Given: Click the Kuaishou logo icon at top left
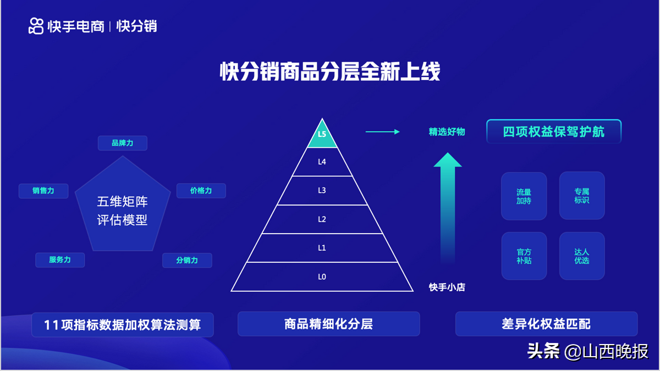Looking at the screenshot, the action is point(36,26).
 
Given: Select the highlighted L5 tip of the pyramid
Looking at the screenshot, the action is point(322,135).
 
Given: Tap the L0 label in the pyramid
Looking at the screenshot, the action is point(322,277).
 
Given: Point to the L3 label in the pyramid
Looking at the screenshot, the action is point(322,191).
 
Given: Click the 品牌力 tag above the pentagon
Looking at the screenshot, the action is point(123,143).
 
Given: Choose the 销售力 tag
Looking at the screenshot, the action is point(43,191).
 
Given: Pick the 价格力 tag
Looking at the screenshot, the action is point(201,191).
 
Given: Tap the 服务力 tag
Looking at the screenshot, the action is point(60,260).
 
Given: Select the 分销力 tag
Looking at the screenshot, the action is point(187,261).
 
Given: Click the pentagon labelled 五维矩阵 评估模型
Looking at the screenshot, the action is point(123,206).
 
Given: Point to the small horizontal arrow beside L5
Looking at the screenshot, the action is point(382,132).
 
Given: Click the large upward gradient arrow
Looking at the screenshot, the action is point(448,208).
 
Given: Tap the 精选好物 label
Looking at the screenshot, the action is point(447,131).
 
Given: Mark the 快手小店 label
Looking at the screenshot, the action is point(447,287).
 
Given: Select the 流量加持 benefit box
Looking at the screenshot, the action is point(524,196).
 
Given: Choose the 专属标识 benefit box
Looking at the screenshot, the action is point(582,196).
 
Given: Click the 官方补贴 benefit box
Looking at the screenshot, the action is point(524,256).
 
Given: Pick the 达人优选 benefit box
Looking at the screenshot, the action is point(582,256).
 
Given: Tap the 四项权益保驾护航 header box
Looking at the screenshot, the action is point(554,131).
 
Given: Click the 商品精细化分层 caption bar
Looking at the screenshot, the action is point(329,324).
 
